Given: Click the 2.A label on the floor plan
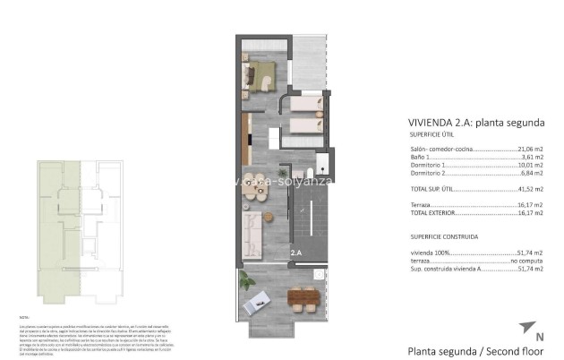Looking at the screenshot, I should tap(296, 254).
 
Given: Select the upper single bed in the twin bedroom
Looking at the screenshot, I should tap(303, 109).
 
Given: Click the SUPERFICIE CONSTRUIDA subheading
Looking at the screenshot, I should tap(444, 237).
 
